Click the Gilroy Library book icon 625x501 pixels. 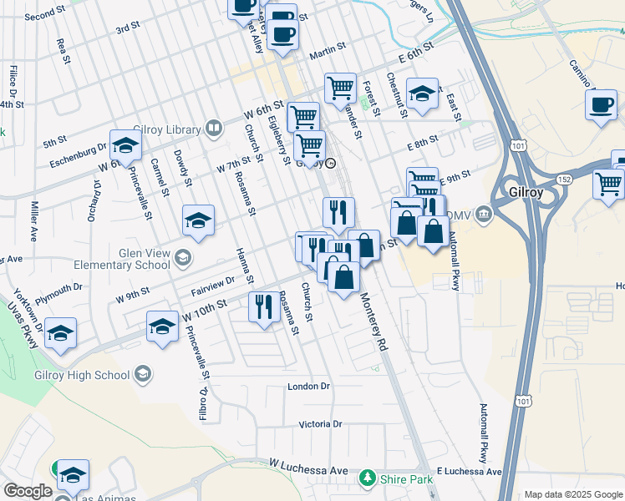pyautogui.click(x=214, y=129)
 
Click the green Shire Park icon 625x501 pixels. pyautogui.click(x=365, y=478)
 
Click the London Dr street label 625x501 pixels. pyautogui.click(x=309, y=387)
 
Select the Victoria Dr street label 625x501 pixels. pyautogui.click(x=321, y=424)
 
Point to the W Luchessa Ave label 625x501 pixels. pyautogui.click(x=308, y=470)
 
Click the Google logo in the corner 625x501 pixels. pyautogui.click(x=28, y=491)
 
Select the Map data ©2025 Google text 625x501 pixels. pyautogui.click(x=573, y=494)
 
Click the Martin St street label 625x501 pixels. pyautogui.click(x=328, y=56)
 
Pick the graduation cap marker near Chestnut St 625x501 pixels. pyautogui.click(x=423, y=94)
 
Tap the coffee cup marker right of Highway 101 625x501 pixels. pyautogui.click(x=600, y=105)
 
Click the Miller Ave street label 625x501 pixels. pyautogui.click(x=35, y=222)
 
